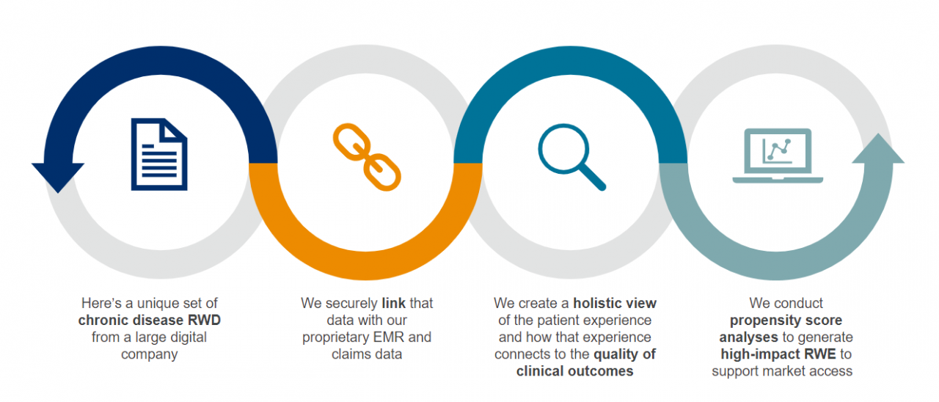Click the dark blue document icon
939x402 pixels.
click(159, 153)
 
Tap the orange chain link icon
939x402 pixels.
click(367, 156)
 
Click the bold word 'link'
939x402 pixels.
click(393, 303)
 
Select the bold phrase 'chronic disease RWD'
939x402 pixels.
click(150, 320)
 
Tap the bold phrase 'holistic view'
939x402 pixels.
click(615, 303)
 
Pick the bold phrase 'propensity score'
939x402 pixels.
click(786, 321)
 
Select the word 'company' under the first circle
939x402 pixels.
click(150, 354)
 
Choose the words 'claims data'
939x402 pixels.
click(367, 354)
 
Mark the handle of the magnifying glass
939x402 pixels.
click(591, 177)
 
